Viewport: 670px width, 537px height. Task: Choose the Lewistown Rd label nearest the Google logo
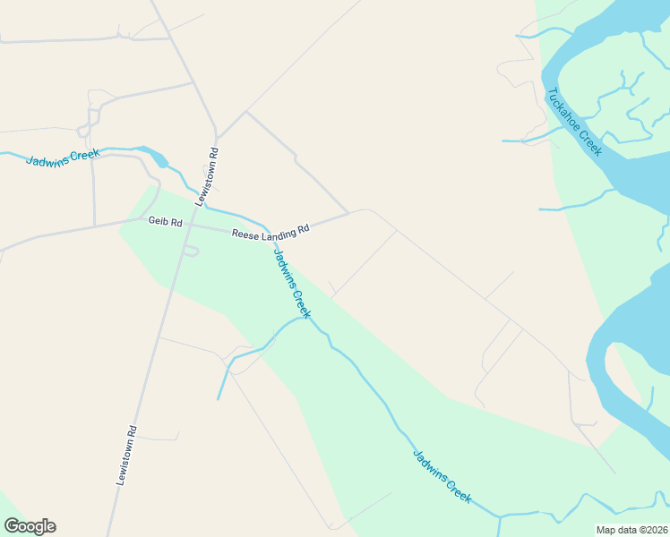pyautogui.click(x=125, y=455)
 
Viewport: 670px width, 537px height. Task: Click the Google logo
pyautogui.click(x=30, y=526)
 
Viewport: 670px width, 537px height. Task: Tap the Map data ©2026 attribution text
pyautogui.click(x=631, y=529)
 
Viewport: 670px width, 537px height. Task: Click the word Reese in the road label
pyautogui.click(x=245, y=234)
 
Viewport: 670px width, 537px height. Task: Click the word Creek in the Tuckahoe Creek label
pyautogui.click(x=590, y=142)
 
